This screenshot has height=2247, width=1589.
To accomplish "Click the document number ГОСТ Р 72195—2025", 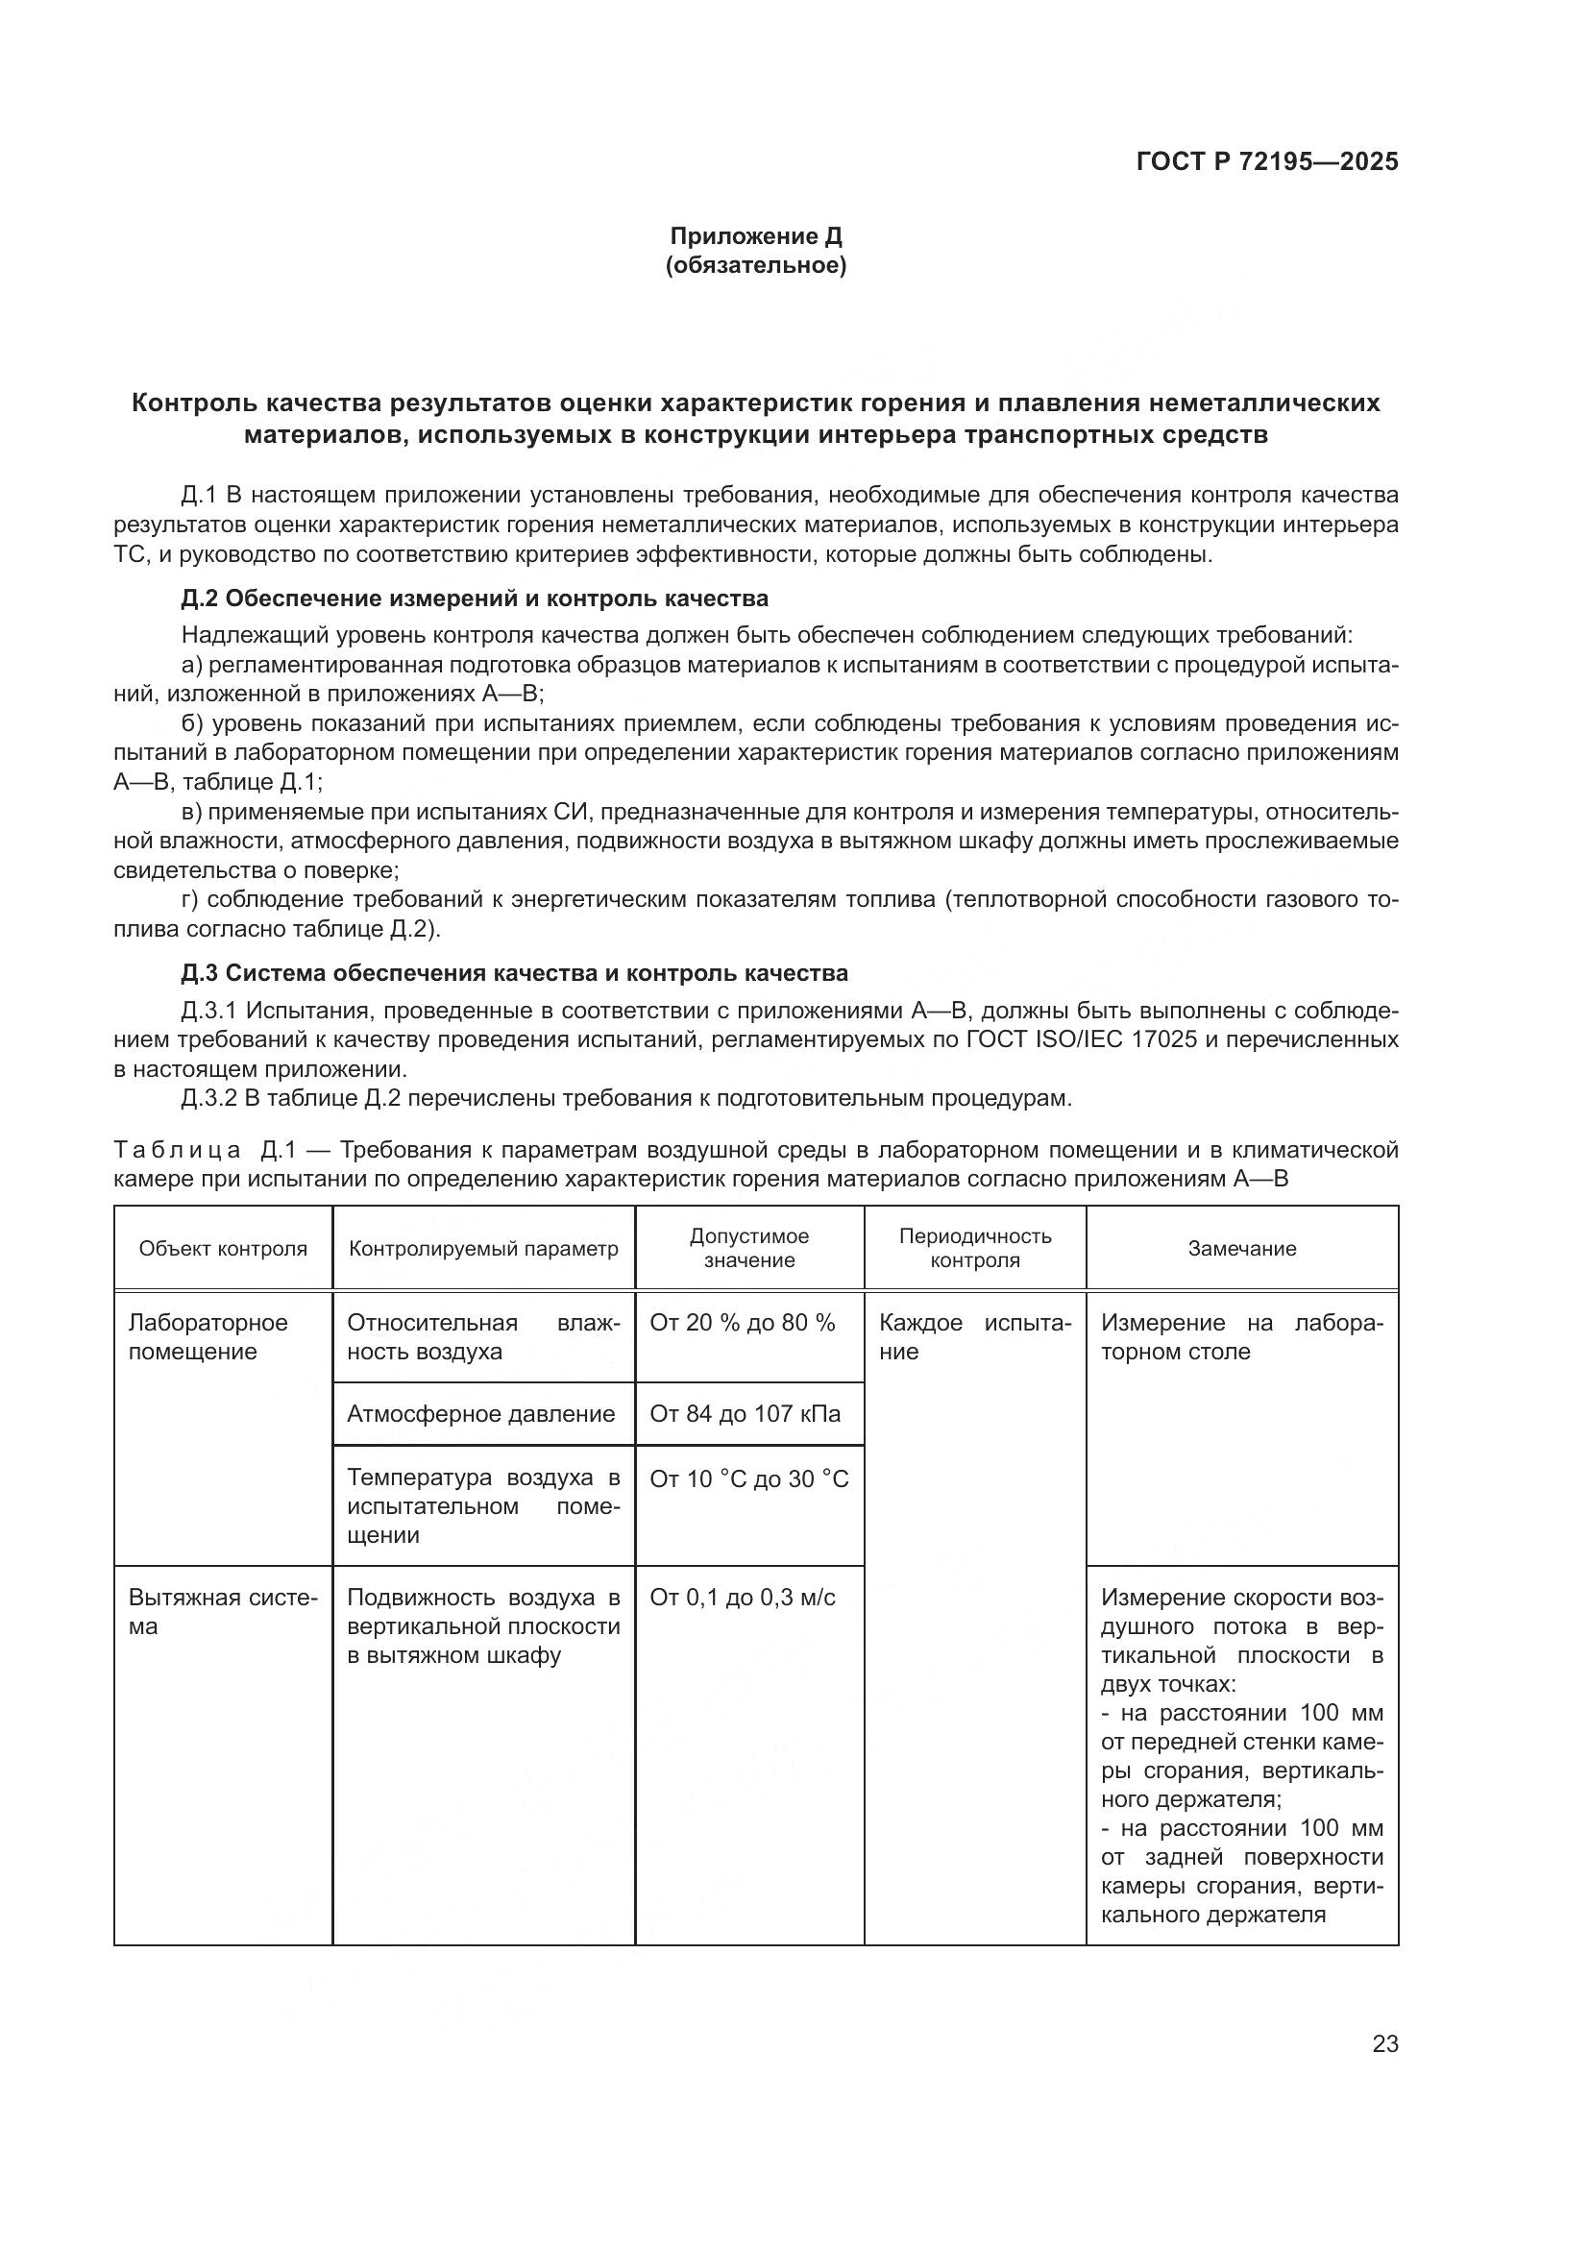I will point(1267,161).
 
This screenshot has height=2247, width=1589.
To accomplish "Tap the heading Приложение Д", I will point(755,236).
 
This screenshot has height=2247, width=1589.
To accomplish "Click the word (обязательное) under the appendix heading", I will point(755,265).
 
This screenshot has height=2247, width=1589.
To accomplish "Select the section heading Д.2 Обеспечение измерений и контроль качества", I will point(475,598).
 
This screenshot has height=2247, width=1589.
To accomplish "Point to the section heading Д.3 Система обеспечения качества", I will point(514,973).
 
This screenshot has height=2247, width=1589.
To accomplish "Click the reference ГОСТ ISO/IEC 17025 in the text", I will point(1080,1038).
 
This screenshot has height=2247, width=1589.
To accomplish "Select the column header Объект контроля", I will point(223,1249).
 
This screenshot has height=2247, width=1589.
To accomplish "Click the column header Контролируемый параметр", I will point(483,1249).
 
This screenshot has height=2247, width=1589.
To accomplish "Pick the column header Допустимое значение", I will point(749,1248).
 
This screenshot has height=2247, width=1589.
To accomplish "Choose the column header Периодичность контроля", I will point(974,1248).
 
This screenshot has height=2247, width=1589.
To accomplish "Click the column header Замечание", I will point(1241,1249).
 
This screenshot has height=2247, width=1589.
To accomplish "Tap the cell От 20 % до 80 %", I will point(742,1323).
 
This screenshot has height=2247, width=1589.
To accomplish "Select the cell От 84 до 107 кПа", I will point(745,1414).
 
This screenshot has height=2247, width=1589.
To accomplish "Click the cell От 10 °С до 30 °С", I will point(748,1478).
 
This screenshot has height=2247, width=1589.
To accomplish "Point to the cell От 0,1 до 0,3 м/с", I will point(742,1599).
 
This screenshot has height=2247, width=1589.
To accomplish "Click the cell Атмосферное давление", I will point(480,1414).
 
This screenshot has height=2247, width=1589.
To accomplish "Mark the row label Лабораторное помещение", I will point(208,1337).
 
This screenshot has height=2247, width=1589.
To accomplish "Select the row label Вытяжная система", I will point(222,1612).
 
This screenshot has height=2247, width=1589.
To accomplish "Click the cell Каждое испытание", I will point(974,1337).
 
